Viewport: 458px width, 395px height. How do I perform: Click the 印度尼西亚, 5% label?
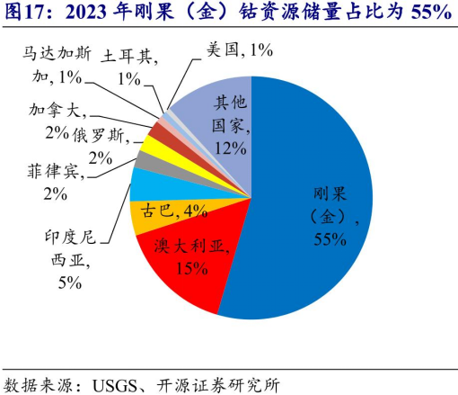pos(68,261)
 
